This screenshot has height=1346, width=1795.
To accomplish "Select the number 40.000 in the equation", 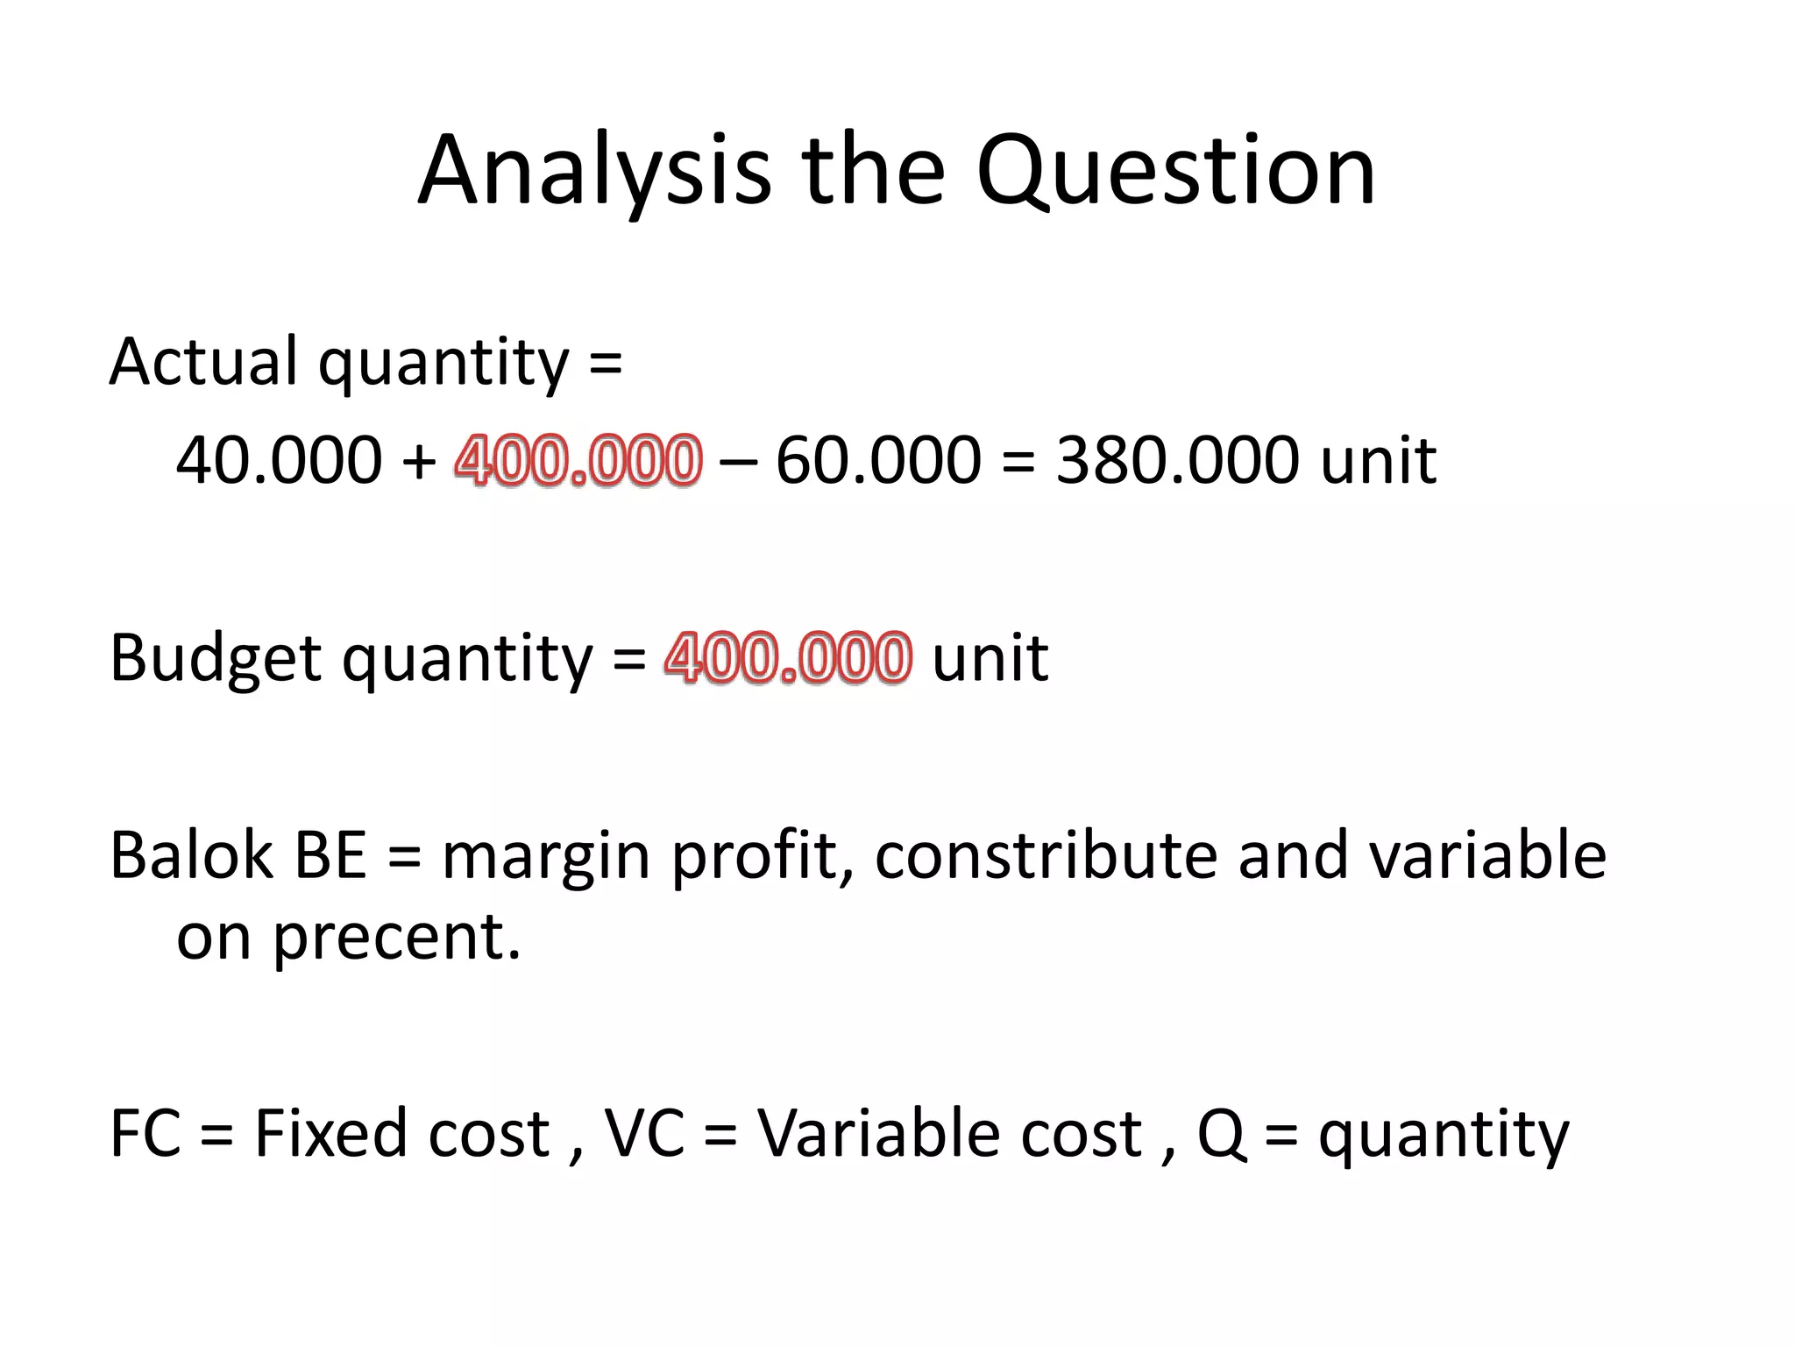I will pos(279,460).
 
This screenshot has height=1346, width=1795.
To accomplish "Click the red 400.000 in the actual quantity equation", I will pos(578,460).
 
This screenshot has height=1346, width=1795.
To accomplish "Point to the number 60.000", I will pos(878,460).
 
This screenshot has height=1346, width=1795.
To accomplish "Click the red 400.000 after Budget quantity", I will pos(788,657).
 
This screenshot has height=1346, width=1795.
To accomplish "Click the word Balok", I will pos(191,855).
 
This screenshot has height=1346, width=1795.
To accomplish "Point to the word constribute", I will pos(1046,855).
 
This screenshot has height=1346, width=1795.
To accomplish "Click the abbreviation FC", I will pos(145,1134).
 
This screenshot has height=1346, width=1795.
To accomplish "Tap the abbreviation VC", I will pos(644,1134).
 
